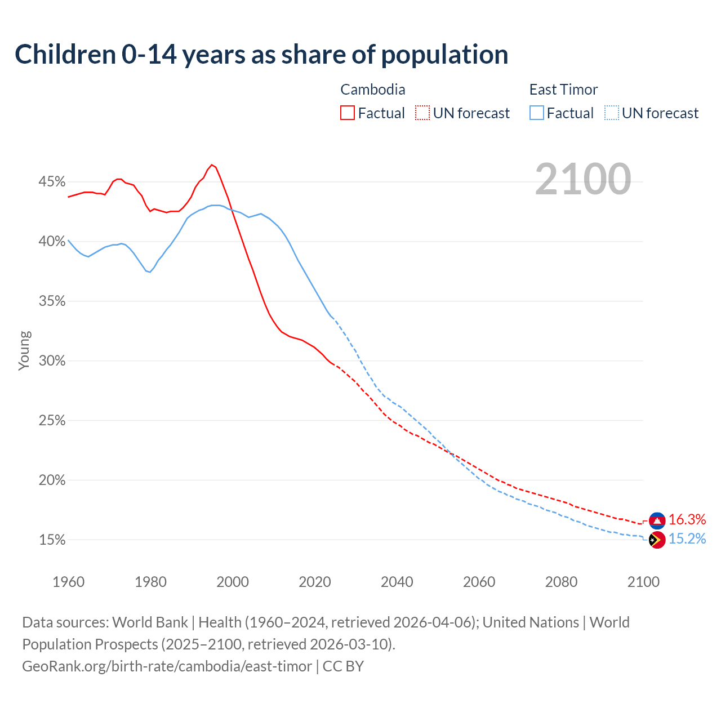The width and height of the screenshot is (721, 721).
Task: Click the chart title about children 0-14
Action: coord(261,55)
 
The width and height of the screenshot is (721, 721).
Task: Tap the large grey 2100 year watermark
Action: coord(583,179)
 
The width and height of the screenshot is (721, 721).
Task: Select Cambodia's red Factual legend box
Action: coord(348,113)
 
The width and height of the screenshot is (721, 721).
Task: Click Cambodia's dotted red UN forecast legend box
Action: coord(422,113)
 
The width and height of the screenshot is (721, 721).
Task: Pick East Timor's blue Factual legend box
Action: coord(537,113)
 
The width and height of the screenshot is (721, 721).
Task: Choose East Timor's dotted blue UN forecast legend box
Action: coord(612,113)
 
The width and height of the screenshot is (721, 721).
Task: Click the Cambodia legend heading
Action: coord(373,90)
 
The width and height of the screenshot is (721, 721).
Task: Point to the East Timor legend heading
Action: coord(563,90)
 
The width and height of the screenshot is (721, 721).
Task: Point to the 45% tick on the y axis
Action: coord(52,182)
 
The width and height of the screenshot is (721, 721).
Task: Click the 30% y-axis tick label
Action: coord(52,361)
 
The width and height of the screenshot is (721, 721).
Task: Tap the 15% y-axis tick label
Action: coord(52,540)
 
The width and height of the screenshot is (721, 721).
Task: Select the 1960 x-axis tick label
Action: coord(68,582)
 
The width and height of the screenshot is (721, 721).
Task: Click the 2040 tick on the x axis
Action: coord(397,582)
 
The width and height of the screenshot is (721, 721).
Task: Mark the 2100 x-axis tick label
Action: coord(643,582)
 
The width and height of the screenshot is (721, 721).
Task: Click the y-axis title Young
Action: coord(24,350)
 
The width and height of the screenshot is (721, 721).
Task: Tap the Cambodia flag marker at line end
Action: coord(657,520)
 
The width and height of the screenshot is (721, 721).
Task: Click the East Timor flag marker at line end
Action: coord(657,540)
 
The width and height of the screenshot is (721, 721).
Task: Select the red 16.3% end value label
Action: coord(687,519)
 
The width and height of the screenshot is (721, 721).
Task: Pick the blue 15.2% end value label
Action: coord(687,539)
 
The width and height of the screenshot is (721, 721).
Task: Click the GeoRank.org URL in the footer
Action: coord(167,666)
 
